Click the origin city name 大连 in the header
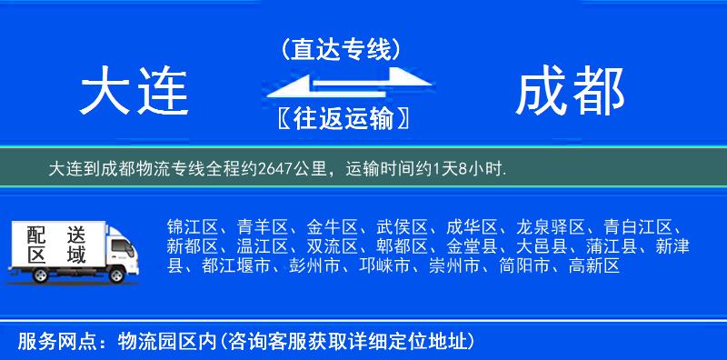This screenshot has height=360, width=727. click(x=134, y=93)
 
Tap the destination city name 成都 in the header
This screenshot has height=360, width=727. click(x=570, y=93)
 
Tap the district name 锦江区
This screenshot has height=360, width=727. click(x=190, y=226)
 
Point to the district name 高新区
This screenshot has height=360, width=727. click(x=593, y=266)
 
